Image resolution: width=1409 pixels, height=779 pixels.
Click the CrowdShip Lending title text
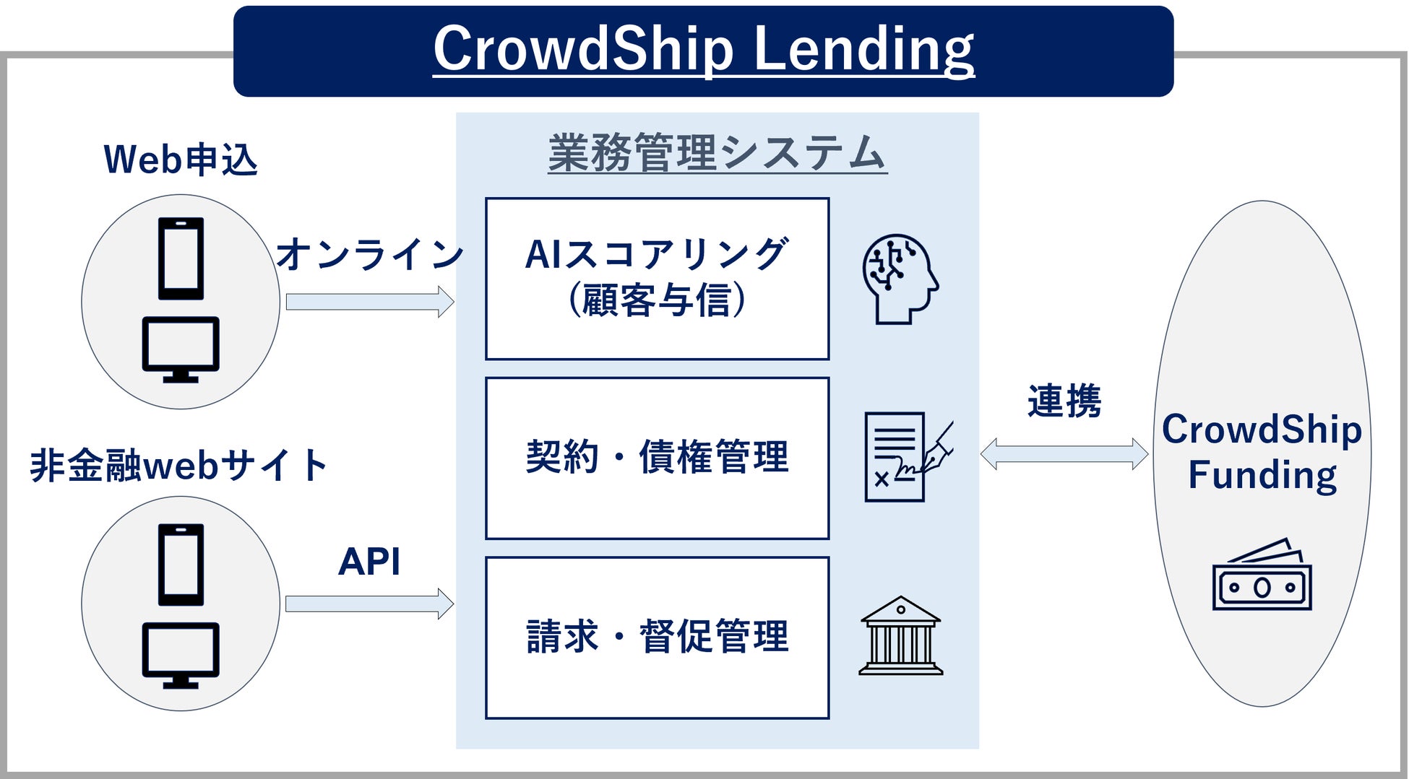point(703,49)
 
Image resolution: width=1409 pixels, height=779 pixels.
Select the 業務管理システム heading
point(717,153)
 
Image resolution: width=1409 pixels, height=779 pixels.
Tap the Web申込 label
point(181,160)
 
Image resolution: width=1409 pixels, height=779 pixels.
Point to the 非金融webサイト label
point(178,465)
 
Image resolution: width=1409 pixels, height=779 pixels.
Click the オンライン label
point(369,254)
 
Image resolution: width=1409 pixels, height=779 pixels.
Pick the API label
point(369,562)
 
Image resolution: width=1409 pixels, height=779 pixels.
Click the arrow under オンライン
point(369,302)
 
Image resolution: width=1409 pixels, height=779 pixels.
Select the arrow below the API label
point(369,604)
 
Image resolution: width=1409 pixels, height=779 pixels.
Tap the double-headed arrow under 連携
point(1064,454)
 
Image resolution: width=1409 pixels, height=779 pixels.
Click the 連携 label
point(1064,401)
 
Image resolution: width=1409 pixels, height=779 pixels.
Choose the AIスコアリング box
point(657,279)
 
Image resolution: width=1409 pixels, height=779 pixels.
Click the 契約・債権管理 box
point(657,458)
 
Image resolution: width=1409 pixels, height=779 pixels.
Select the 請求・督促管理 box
point(657,637)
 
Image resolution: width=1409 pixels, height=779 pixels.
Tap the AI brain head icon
point(900,279)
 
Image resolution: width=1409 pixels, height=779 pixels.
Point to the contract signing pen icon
point(908,457)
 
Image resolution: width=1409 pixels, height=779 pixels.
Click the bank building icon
point(900,636)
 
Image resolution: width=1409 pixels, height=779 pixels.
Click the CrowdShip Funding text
point(1262,452)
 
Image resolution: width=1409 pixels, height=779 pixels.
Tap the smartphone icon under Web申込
point(181,258)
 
